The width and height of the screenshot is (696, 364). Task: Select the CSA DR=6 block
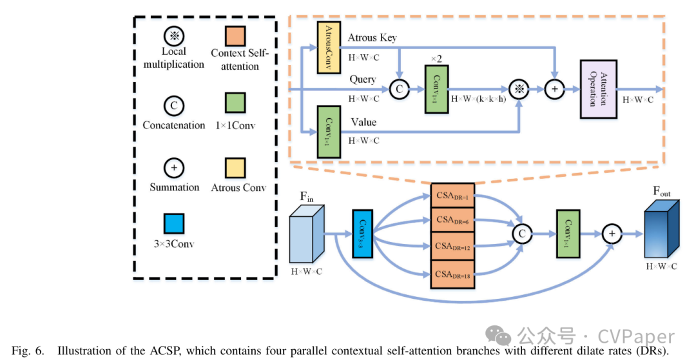point(452,221)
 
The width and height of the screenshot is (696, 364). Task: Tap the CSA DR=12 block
point(452,247)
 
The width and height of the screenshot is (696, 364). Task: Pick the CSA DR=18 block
point(452,274)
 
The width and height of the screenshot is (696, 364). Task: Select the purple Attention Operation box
point(599,89)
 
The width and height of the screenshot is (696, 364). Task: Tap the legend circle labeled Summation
point(174,168)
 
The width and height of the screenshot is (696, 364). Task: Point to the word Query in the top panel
point(363,80)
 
